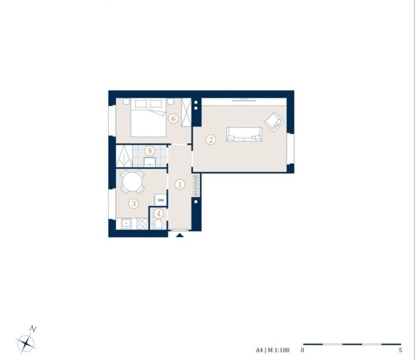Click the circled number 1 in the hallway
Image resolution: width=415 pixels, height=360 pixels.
coord(180,185)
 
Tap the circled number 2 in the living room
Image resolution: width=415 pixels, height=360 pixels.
coord(211,139)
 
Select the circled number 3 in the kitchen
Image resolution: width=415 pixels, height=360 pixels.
coord(133,203)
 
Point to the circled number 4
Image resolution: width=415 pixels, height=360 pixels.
coord(159,213)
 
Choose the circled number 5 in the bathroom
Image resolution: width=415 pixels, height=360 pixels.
coord(150,151)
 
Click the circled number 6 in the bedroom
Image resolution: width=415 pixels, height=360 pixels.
coord(173,118)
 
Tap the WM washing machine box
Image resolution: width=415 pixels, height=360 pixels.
coord(161,200)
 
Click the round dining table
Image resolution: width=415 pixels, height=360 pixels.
coord(132,182)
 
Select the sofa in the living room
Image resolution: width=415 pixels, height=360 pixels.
coord(244,134)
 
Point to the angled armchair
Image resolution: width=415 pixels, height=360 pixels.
coord(274,122)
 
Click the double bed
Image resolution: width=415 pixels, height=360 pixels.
coord(149,118)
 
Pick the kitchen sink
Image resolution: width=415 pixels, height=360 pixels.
coord(127,223)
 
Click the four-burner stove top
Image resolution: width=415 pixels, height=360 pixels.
coord(142,224)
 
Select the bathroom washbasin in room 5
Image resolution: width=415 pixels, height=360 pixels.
coord(150,162)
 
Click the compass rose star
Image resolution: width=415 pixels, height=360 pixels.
coord(26,343)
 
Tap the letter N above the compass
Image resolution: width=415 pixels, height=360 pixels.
coord(33,329)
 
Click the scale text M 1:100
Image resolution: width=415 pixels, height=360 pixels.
coord(279,350)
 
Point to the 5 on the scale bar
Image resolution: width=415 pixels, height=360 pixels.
coord(400,350)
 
